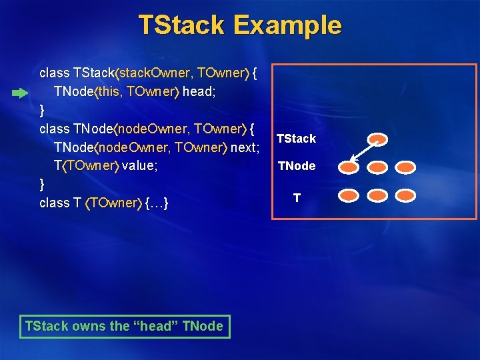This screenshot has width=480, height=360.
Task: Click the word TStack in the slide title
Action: pos(182,25)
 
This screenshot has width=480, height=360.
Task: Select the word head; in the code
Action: pos(198,91)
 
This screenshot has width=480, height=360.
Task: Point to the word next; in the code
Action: pos(245,147)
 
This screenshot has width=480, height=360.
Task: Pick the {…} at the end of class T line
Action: pos(156,202)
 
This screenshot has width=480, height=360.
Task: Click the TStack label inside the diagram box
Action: pos(296,139)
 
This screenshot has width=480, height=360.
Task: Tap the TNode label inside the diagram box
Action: pos(297,166)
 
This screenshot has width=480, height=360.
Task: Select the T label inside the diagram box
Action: pos(297,197)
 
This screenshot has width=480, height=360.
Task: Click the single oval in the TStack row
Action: pos(378,139)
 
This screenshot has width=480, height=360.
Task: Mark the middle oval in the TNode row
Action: pos(378,167)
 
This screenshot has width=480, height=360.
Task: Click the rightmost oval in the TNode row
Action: pos(405,167)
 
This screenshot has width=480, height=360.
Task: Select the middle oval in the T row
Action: pos(378,196)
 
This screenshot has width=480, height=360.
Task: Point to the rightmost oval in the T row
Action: pos(405,196)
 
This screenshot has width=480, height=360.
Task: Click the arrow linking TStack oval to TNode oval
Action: pos(363,153)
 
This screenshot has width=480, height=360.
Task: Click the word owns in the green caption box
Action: pos(89,326)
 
